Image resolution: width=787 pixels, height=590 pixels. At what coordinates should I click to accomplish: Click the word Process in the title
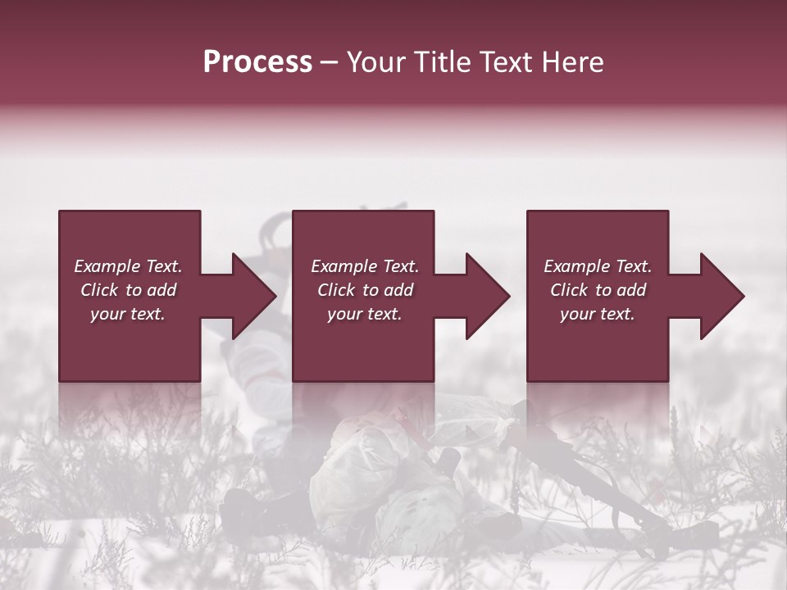click(x=257, y=62)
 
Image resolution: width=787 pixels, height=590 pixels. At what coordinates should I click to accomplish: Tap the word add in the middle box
click(x=398, y=290)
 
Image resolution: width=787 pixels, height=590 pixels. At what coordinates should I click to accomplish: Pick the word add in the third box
click(x=630, y=290)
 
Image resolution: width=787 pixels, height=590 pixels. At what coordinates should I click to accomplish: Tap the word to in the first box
click(x=134, y=290)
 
